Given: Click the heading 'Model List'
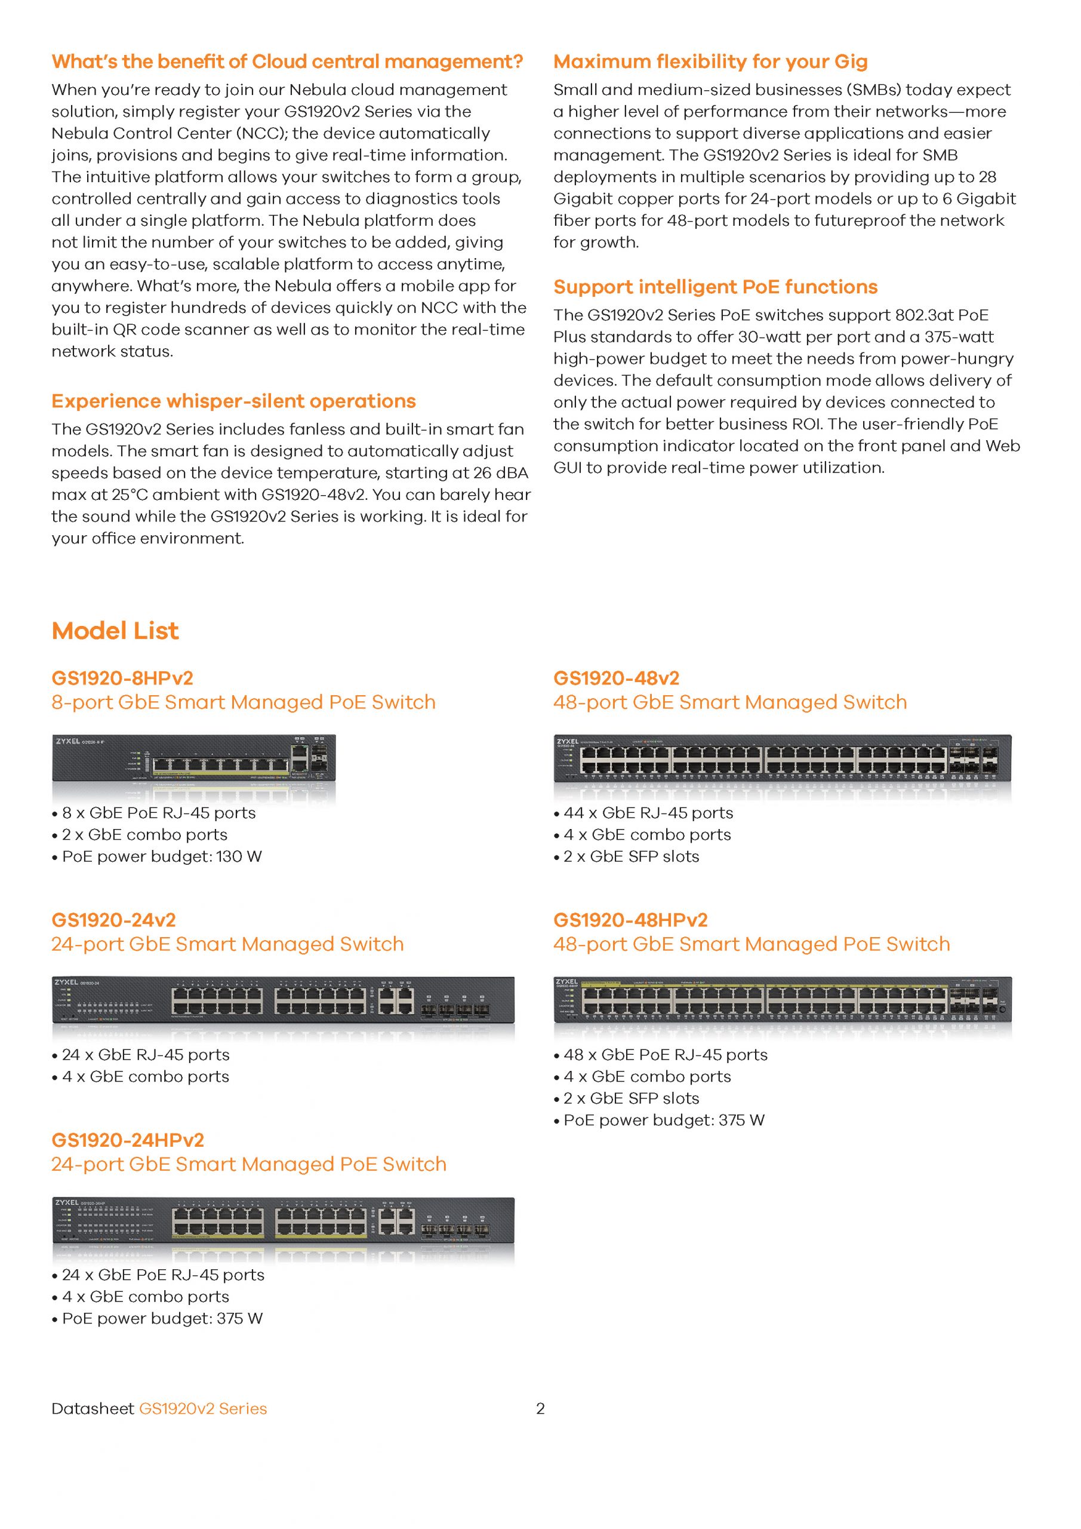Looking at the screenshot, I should point(115,631).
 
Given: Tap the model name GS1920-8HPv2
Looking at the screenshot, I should point(122,678).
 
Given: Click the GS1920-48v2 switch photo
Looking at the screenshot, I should point(782,759).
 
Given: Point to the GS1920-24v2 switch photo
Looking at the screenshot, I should point(283,1000).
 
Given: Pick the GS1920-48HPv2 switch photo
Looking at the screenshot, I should point(782,1000).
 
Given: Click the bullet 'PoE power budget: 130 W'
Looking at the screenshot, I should point(162,856).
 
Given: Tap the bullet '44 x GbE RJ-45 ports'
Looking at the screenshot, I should point(648,813).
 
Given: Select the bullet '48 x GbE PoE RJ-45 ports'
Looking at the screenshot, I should point(665,1055).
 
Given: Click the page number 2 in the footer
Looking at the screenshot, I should point(541,1408).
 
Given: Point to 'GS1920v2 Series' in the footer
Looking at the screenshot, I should point(203,1408).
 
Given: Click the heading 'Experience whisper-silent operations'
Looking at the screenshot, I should point(233,401).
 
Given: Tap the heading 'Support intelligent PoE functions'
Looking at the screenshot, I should point(716,287).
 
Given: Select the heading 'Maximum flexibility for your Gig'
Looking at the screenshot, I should point(710,62).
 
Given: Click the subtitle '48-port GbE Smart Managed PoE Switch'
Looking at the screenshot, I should point(752,944).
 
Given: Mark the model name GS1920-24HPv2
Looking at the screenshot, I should point(128,1140).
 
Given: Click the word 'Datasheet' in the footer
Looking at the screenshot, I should point(93,1408).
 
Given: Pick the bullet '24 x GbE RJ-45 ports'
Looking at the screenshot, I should point(145,1055).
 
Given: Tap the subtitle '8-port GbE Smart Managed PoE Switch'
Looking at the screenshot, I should point(244,702).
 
